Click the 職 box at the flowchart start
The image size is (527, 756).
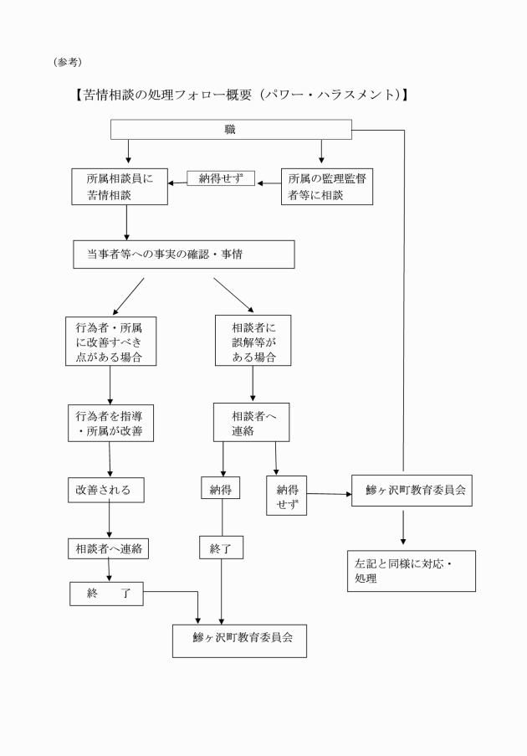pos(230,131)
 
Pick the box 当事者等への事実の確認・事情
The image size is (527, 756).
pos(184,255)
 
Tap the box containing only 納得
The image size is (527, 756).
pos(221,489)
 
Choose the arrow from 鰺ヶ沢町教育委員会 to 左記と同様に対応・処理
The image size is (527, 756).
pos(403,528)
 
